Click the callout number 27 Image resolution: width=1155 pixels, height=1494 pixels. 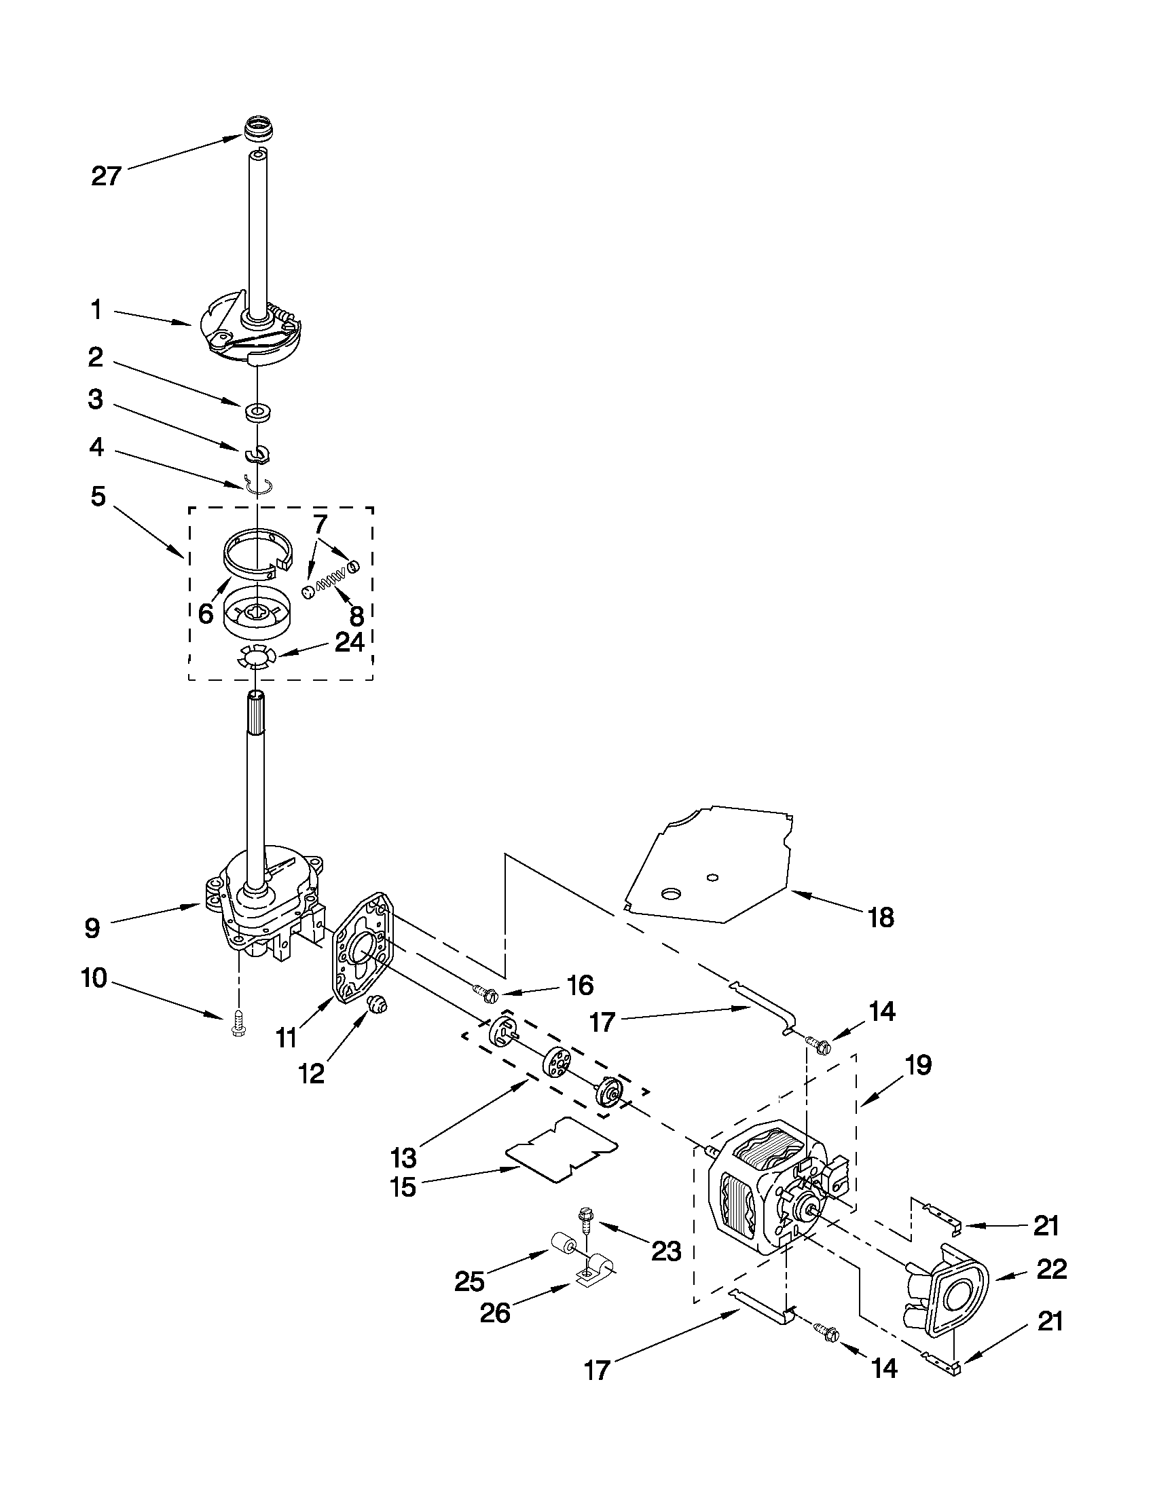click(x=106, y=176)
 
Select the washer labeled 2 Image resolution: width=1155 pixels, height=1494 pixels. click(x=257, y=413)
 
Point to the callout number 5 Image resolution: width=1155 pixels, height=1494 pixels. click(x=98, y=497)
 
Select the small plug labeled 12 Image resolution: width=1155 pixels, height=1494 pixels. click(x=375, y=1004)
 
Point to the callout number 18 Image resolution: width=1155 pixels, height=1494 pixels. click(x=881, y=918)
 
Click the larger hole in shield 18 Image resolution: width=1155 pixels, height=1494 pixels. click(x=671, y=893)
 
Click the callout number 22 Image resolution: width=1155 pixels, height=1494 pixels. click(x=1051, y=1269)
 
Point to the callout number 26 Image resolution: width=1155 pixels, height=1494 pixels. click(x=494, y=1313)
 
